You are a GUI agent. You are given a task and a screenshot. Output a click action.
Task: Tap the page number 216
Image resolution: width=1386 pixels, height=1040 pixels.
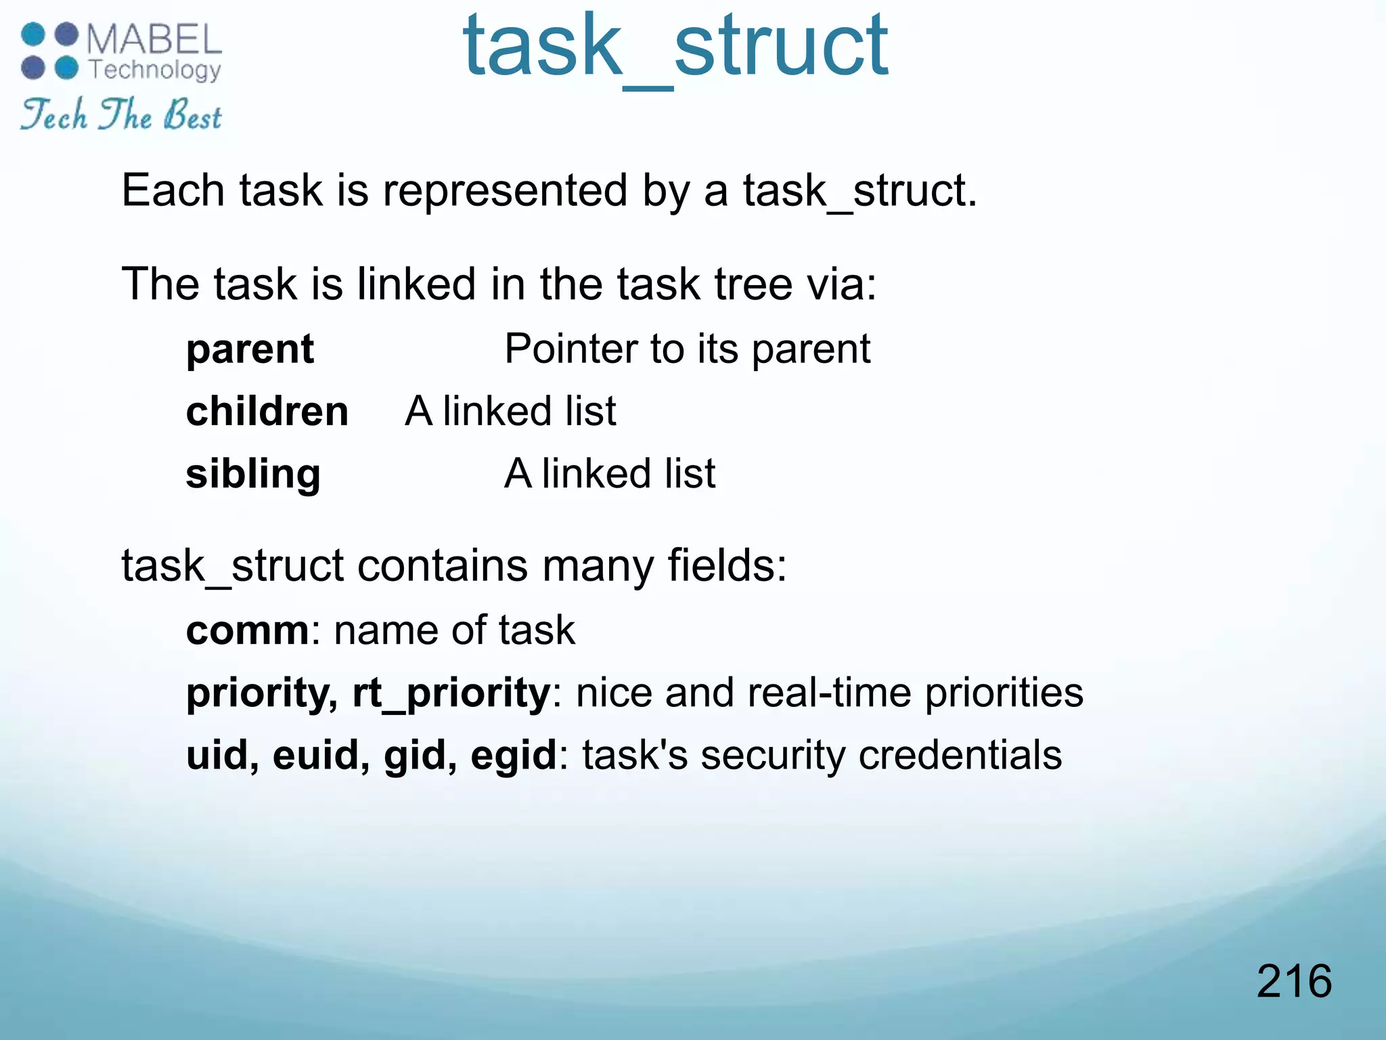1294,981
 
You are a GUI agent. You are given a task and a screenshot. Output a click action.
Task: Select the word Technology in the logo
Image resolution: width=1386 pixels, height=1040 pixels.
155,70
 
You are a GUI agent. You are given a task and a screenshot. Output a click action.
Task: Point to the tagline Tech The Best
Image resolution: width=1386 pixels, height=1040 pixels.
120,115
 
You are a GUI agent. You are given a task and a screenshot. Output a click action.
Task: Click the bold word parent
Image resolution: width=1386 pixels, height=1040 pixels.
250,349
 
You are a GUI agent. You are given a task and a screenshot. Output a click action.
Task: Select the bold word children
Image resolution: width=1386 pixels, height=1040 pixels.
267,412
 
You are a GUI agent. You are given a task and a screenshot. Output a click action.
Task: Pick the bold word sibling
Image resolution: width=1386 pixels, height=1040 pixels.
253,474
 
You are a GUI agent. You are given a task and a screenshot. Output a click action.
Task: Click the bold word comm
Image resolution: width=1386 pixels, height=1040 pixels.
247,631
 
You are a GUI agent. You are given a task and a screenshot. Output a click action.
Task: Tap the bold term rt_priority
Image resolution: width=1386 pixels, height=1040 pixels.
451,693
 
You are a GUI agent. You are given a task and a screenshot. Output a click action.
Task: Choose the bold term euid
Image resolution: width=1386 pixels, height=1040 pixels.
321,756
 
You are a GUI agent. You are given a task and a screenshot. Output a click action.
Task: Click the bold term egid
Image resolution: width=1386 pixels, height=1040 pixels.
513,756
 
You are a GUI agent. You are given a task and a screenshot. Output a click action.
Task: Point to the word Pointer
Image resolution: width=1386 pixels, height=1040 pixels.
571,349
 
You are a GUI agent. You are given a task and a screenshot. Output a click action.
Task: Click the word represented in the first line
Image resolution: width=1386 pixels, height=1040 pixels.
506,191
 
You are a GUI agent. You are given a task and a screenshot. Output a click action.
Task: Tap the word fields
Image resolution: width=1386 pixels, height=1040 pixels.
726,565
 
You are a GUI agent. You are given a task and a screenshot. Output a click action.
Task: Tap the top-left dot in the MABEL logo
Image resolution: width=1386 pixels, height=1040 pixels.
33,34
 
